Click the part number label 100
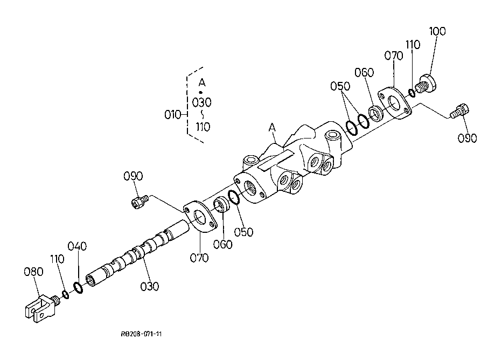click(437, 31)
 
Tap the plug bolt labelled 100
click(427, 84)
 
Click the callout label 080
click(33, 272)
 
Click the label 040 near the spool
click(76, 247)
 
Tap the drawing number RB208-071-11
click(142, 334)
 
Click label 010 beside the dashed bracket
click(172, 115)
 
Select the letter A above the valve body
click(272, 128)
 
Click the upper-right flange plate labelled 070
click(395, 102)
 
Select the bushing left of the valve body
click(221, 205)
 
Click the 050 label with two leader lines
click(340, 86)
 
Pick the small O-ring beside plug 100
click(412, 92)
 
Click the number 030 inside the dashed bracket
click(201, 102)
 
